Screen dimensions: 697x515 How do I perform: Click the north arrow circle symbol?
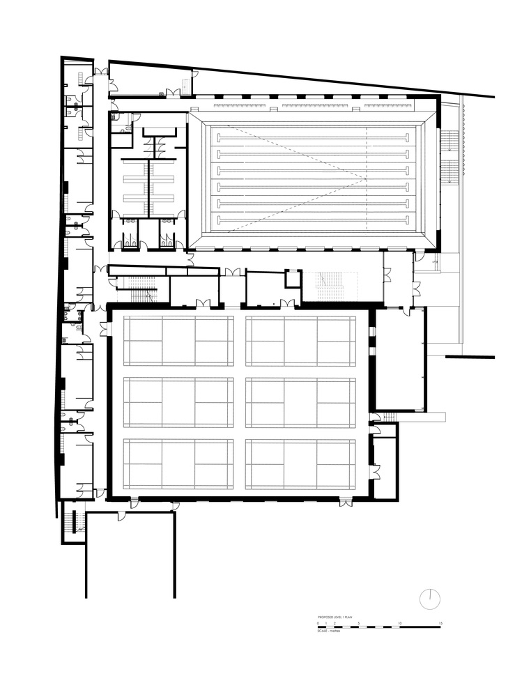point(431,598)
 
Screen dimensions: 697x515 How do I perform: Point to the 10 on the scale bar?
point(399,623)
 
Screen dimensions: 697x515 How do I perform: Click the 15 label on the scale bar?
point(440,623)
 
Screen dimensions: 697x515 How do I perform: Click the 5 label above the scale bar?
point(358,623)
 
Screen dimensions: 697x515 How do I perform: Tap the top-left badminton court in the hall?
point(178,340)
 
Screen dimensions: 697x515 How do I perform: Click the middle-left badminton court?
point(178,401)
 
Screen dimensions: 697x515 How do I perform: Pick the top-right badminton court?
point(300,340)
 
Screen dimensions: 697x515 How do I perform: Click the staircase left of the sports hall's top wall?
point(139,286)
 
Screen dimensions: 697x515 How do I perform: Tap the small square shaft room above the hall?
point(293,278)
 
